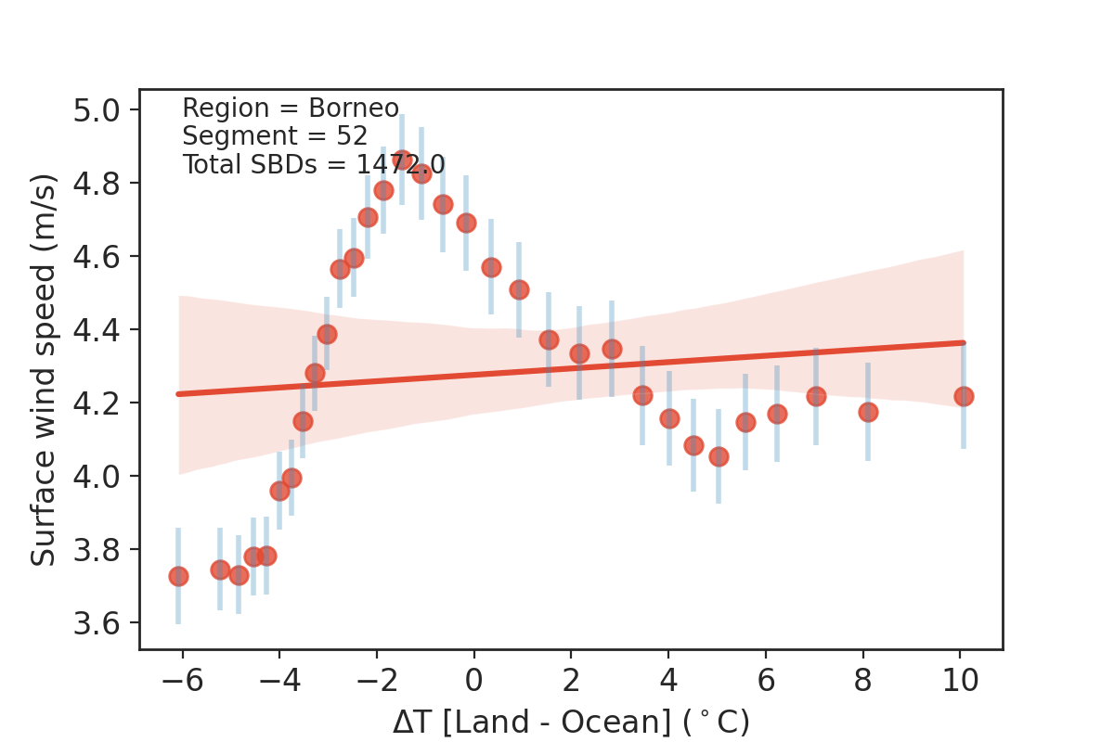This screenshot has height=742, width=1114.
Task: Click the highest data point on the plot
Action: tap(402, 160)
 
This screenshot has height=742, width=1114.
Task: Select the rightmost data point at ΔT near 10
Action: tap(964, 396)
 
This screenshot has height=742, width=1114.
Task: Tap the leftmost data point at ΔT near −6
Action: tap(178, 576)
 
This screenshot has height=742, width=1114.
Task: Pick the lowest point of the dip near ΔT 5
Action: tap(719, 456)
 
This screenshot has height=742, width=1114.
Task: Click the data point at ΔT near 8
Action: tap(868, 412)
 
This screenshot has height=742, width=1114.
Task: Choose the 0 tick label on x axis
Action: tap(474, 680)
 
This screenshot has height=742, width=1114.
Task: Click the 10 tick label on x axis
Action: tap(961, 680)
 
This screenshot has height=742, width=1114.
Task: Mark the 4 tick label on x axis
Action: tap(668, 680)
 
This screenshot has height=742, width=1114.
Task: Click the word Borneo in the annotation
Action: tap(354, 109)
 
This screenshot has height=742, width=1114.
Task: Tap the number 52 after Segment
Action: tap(353, 136)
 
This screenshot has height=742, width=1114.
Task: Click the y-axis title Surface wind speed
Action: tap(44, 369)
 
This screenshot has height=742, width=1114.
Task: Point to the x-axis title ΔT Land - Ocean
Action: tap(571, 722)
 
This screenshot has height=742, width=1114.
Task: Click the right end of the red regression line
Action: tap(964, 342)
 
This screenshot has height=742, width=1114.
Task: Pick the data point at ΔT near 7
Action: tap(816, 396)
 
